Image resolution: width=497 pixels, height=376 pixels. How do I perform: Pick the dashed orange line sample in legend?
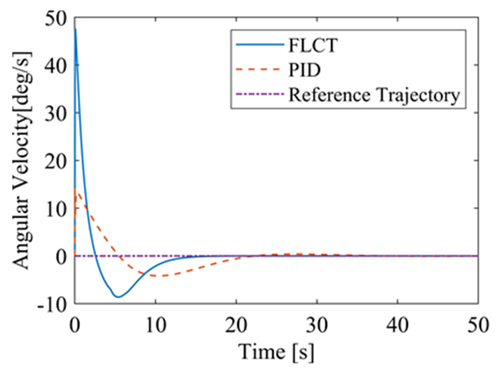pos(260,69)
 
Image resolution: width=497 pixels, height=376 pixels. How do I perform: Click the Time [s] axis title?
pos(276,352)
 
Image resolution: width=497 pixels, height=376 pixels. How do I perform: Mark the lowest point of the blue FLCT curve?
pos(118,297)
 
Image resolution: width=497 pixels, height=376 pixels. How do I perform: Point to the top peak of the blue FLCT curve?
pos(75,29)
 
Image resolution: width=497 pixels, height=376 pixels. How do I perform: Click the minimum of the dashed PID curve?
pos(159,276)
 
